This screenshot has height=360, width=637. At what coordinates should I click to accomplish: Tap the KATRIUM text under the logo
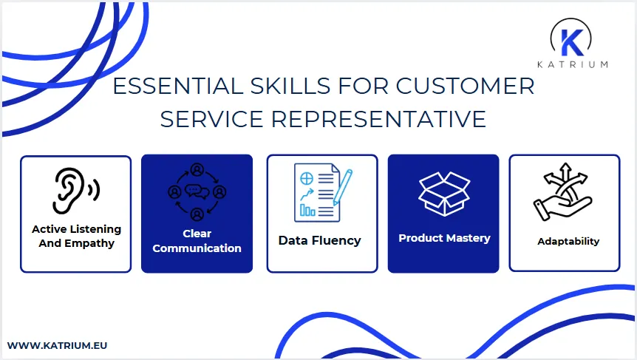pos(579,64)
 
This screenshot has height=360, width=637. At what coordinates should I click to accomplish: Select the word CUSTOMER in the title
pos(465,86)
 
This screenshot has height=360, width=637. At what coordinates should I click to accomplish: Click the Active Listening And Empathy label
pos(76,237)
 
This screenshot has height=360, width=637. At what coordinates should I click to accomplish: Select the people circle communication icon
pos(197,191)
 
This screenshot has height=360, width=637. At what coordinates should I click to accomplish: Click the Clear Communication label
pos(197,241)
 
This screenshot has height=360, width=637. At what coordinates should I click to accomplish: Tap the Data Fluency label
pos(319,240)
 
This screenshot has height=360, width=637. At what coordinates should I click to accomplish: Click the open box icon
pos(443,193)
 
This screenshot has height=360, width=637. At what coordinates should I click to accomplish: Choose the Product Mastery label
pos(444,238)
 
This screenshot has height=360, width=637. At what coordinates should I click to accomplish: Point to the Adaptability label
pos(568,241)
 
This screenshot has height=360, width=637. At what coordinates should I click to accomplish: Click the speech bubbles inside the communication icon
pos(197,192)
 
